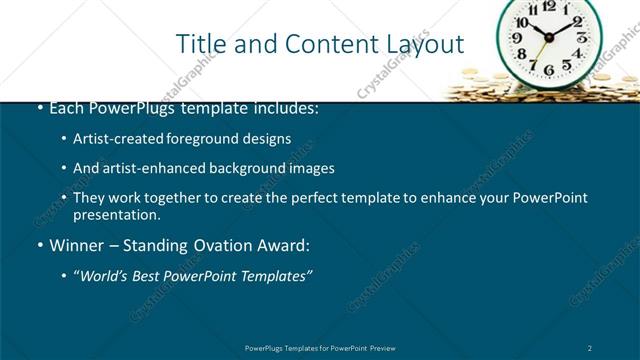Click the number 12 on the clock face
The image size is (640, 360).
click(x=548, y=6)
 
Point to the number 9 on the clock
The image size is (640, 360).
click(x=518, y=38)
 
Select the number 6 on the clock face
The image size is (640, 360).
click(x=548, y=69)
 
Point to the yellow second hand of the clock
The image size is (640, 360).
click(x=541, y=52)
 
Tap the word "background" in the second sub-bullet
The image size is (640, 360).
click(x=242, y=168)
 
